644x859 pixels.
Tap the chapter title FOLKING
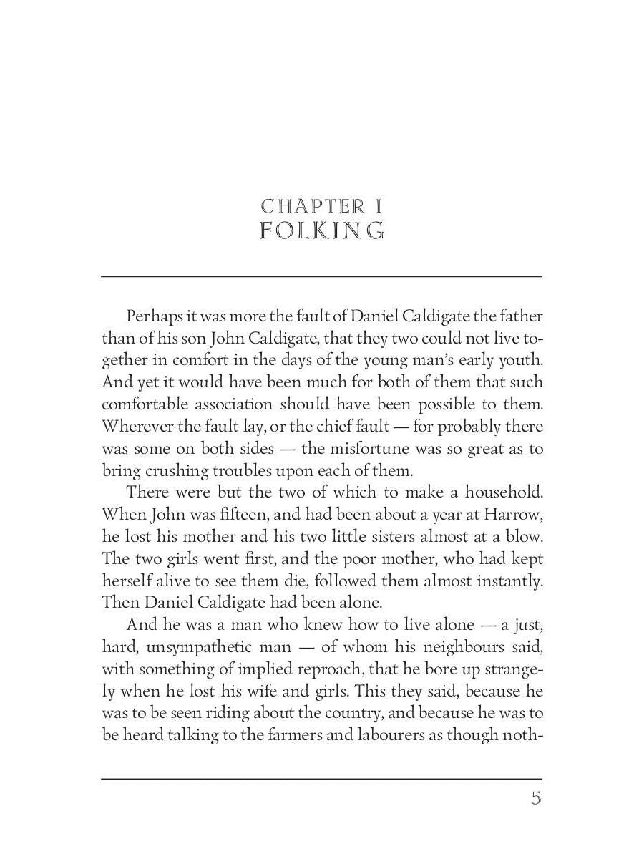pyautogui.click(x=322, y=231)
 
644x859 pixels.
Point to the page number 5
pyautogui.click(x=536, y=798)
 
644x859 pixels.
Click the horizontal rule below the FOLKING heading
pyautogui.click(x=321, y=276)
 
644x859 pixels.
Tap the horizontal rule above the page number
pyautogui.click(x=321, y=779)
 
